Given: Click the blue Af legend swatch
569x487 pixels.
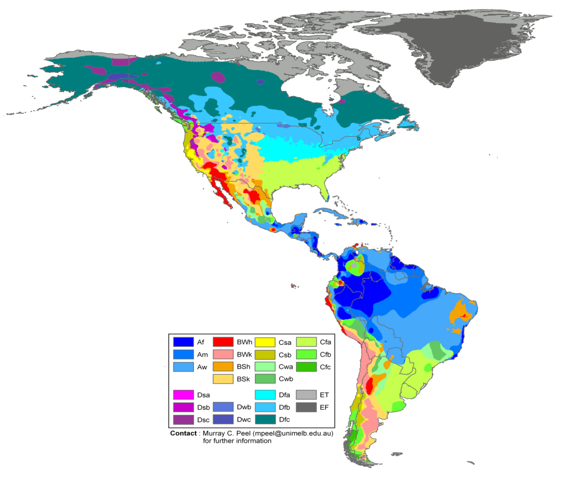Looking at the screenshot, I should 183,342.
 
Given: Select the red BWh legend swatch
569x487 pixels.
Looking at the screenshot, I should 224,342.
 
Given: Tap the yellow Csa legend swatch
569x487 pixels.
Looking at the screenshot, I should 265,342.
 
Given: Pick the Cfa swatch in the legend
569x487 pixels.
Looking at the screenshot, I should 306,342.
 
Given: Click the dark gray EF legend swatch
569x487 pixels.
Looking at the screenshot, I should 306,408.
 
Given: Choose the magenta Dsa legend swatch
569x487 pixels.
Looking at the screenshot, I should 183,395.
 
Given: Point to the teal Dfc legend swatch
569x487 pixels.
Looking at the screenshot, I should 265,420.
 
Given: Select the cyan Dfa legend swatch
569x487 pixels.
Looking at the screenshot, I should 265,395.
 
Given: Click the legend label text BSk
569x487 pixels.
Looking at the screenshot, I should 243,379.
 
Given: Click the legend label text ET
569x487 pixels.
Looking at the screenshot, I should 325,395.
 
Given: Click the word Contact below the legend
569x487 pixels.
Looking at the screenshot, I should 183,433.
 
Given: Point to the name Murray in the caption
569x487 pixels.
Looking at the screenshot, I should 214,433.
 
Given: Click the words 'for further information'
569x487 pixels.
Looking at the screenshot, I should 237,441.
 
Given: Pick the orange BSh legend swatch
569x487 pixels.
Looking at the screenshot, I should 224,366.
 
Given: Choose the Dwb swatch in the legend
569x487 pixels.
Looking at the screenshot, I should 224,408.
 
